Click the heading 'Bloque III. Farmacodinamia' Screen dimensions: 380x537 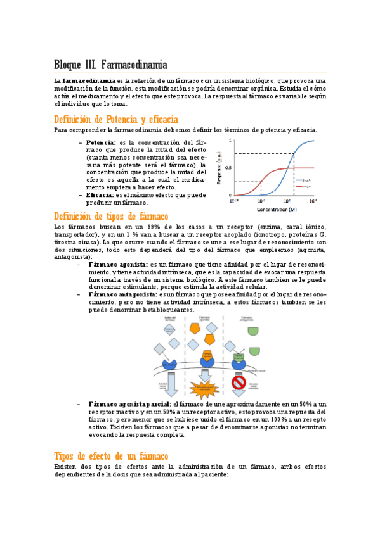pyautogui.click(x=111, y=65)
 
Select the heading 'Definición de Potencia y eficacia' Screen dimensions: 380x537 pyautogui.click(x=116, y=120)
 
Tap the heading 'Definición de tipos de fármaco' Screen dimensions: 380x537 pyautogui.click(x=111, y=217)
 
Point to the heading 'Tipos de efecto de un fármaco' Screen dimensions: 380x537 pyautogui.click(x=111, y=456)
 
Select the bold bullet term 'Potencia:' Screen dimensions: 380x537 pyautogui.click(x=101, y=142)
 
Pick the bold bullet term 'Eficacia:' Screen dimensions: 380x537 pyautogui.click(x=100, y=195)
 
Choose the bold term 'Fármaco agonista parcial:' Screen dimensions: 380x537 pyautogui.click(x=130, y=403)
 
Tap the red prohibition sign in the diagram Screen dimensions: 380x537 pyautogui.click(x=239, y=383)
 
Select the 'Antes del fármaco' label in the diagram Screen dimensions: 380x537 pyautogui.click(x=169, y=318)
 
